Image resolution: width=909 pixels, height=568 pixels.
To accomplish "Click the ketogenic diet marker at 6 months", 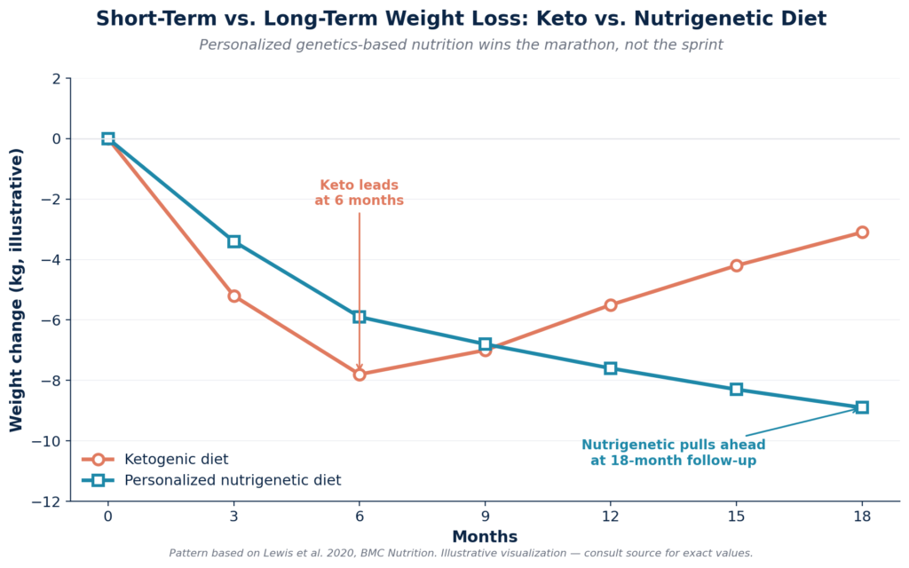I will click(x=360, y=375).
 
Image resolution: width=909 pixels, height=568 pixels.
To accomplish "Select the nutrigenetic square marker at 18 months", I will click(x=862, y=407).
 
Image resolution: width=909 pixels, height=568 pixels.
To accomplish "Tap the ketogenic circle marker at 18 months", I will click(x=862, y=233).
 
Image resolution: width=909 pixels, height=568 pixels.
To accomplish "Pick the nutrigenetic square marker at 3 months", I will click(x=233, y=241).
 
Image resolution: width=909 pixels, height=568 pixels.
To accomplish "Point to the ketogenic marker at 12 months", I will click(x=611, y=305).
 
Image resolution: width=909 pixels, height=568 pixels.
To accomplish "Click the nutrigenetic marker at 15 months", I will click(x=736, y=390).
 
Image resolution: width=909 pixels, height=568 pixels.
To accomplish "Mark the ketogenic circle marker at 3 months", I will click(x=233, y=296).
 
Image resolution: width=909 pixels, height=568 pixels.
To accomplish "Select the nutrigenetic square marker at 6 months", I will click(x=360, y=317).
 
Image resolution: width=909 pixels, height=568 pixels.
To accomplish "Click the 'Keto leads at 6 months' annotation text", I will click(x=360, y=193).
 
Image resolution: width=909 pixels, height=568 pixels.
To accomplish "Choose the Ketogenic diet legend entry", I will click(x=176, y=460).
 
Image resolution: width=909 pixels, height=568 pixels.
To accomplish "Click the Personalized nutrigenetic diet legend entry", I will click(x=232, y=481).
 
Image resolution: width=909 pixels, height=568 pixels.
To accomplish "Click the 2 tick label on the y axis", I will click(x=57, y=78).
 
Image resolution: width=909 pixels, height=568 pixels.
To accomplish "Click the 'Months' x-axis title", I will click(x=485, y=537).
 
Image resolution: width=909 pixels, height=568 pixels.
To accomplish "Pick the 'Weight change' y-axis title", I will click(x=17, y=290).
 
